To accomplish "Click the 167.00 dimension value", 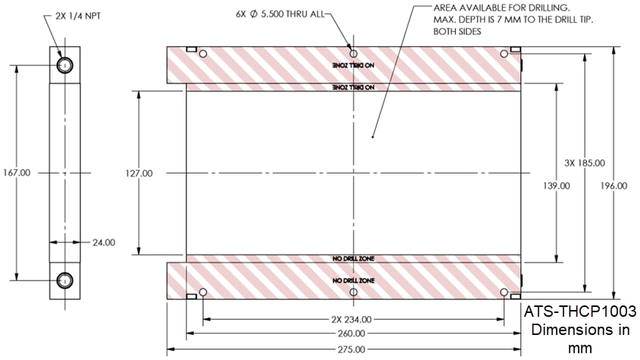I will pos(17,173).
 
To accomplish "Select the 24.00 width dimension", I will pos(103,243).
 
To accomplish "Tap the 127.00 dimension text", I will pos(139,174).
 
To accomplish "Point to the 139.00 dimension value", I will pos(557,185).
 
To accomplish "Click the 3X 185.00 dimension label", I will pos(585,163).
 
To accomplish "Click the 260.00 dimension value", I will pos(353,333).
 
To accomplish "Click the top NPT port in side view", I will pos(64,65).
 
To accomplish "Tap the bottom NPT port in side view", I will pos(64,280).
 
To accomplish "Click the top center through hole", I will pos(354,54).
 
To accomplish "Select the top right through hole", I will pos(504,54).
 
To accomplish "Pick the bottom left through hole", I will pos(203,293).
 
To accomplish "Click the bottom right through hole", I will pos(504,293).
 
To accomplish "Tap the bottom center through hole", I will pos(354,293).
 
